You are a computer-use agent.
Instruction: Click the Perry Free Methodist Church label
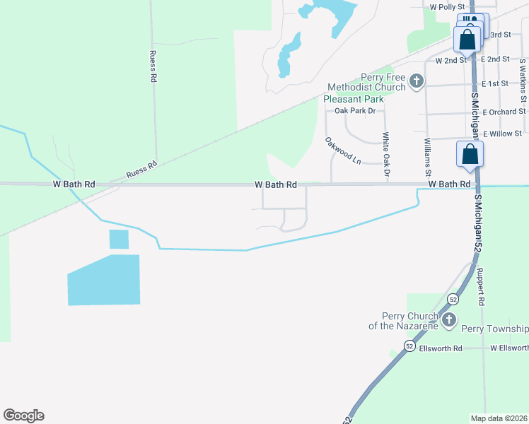(x=366, y=82)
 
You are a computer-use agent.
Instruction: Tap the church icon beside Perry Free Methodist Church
(x=417, y=82)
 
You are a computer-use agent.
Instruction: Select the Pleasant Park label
(x=354, y=99)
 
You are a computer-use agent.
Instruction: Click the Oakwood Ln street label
(x=344, y=151)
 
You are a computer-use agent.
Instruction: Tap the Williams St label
(x=427, y=157)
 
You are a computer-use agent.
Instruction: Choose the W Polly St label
(x=446, y=6)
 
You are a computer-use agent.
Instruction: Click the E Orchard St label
(x=505, y=112)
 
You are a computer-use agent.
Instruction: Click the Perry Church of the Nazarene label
(x=404, y=321)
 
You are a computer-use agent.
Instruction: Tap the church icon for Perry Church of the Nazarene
(x=448, y=321)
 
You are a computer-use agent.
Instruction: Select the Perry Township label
(x=495, y=329)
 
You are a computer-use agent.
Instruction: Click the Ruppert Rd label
(x=479, y=286)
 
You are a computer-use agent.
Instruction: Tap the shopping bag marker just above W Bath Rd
(x=470, y=155)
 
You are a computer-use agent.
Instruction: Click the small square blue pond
(x=120, y=240)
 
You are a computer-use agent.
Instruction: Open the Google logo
(x=23, y=416)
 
